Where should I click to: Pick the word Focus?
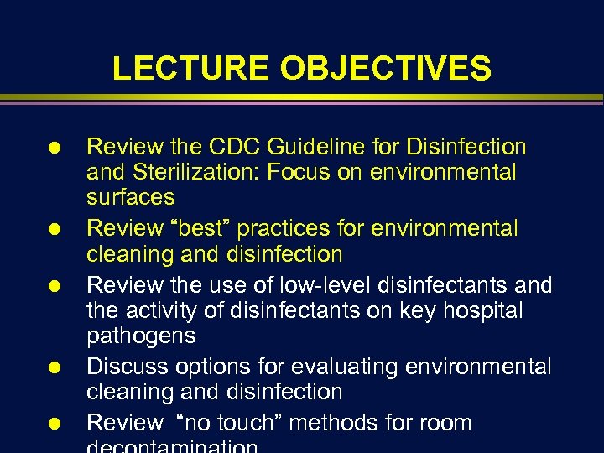pyautogui.click(x=297, y=173)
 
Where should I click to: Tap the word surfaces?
pyautogui.click(x=131, y=198)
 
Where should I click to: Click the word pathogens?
pyautogui.click(x=141, y=336)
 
